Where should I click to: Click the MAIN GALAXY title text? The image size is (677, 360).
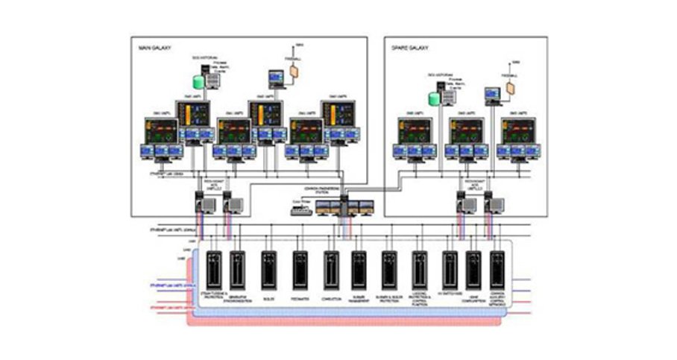[156, 48]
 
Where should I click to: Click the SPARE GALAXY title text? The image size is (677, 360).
[408, 48]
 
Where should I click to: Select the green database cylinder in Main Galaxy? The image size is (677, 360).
[198, 82]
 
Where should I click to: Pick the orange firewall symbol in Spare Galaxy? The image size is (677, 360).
[511, 86]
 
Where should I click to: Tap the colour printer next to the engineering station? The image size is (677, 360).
[300, 211]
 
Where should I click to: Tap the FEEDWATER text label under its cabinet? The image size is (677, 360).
[300, 296]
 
